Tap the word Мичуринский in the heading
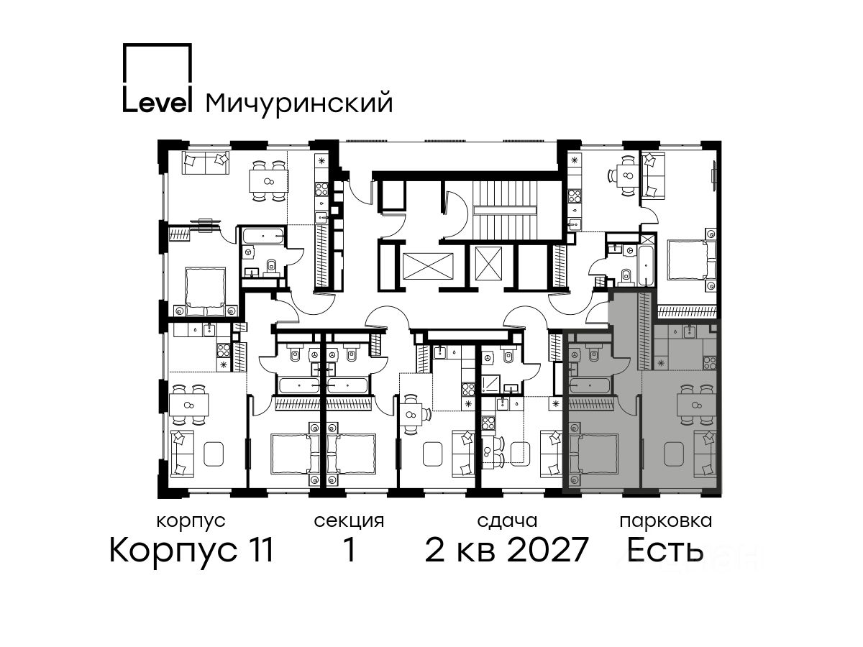(x=299, y=104)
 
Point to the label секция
(x=349, y=521)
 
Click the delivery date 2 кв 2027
(x=506, y=549)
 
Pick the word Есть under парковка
(x=665, y=549)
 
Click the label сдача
(x=507, y=521)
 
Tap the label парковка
(x=666, y=521)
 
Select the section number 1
(x=349, y=549)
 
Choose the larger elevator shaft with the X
(x=428, y=266)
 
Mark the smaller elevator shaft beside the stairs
(x=488, y=264)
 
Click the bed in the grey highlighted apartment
(x=593, y=454)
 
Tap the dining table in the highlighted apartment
(x=697, y=405)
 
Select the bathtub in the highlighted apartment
(x=590, y=385)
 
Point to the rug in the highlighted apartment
(x=673, y=454)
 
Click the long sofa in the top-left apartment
(x=206, y=162)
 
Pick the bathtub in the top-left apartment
(x=263, y=236)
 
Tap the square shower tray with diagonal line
(x=490, y=384)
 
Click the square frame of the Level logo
(x=157, y=45)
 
